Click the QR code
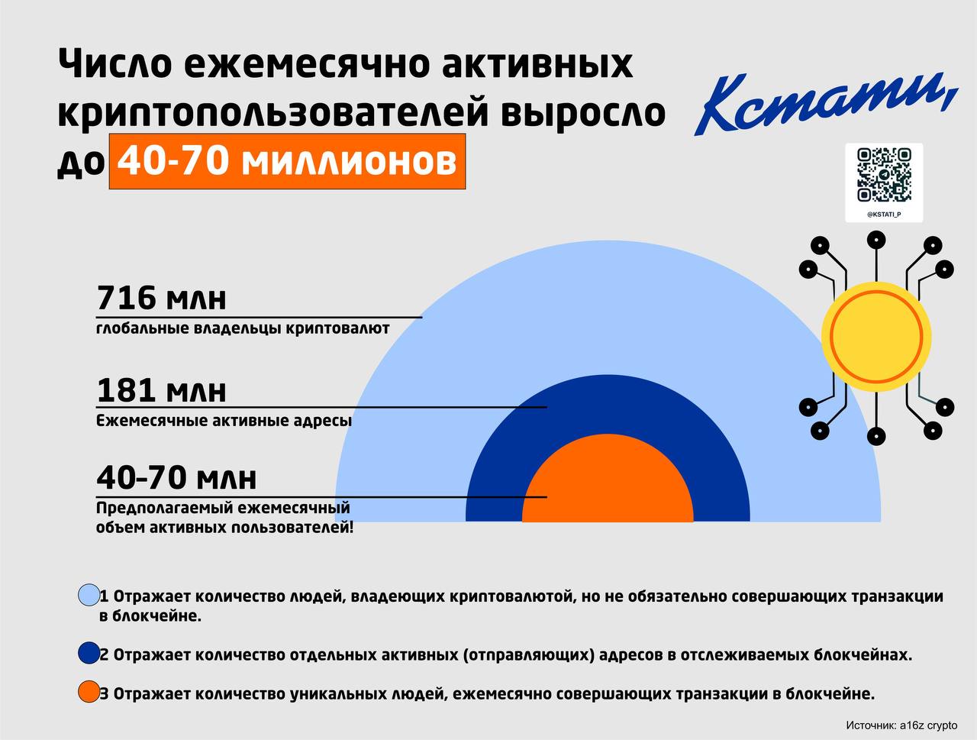(884, 175)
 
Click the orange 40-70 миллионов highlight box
(287, 161)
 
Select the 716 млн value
(162, 298)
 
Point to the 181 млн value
(162, 390)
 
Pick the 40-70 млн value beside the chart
(176, 478)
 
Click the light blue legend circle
(89, 595)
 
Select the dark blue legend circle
(89, 654)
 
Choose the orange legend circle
(89, 693)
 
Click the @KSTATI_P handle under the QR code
(884, 215)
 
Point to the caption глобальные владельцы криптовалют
(243, 329)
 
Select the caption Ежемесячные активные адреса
(224, 421)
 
